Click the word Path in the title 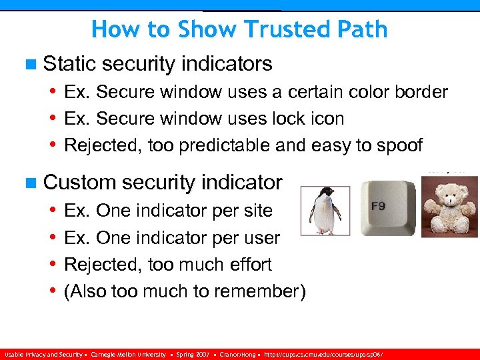(363, 29)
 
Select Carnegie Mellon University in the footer (129, 355)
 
